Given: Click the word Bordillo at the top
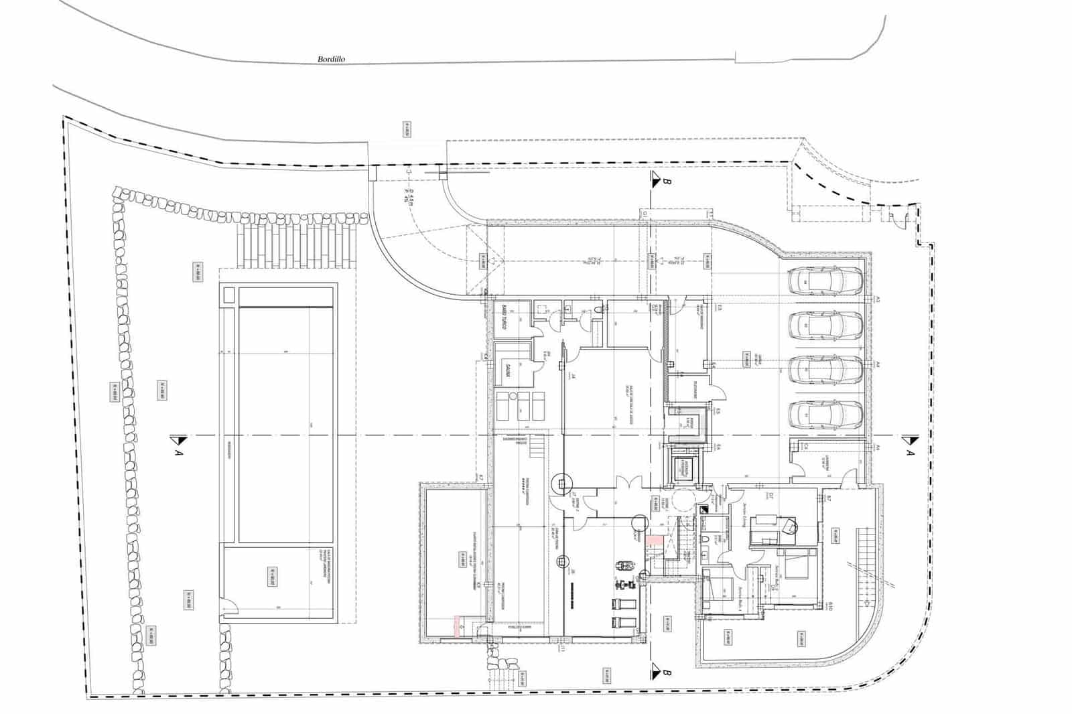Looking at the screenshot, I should click(330, 59).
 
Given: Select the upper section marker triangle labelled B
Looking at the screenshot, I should click(654, 178).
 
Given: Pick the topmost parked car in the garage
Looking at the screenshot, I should click(825, 281).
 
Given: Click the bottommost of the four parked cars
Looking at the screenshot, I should click(825, 415).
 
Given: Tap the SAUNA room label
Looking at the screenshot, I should click(509, 370).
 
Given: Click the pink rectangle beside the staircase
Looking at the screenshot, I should click(655, 541).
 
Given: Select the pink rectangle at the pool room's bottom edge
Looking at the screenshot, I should click(458, 626).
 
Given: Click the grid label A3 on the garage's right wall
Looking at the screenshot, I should click(876, 301).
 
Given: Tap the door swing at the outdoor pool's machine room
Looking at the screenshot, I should click(230, 608).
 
